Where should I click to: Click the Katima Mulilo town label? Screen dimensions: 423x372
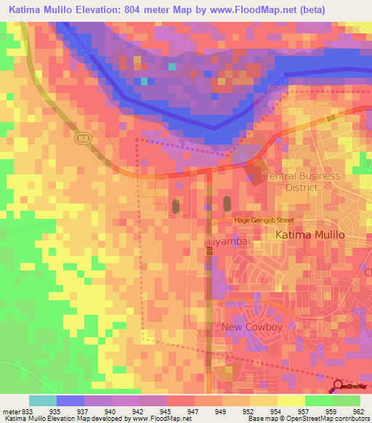click(310, 235)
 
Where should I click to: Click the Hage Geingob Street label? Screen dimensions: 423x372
click(262, 220)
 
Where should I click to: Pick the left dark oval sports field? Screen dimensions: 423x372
click(176, 206)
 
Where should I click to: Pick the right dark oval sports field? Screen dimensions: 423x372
click(227, 204)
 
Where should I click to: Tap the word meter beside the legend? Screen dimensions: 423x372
click(12, 411)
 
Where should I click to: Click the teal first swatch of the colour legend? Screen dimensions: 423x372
click(42, 400)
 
